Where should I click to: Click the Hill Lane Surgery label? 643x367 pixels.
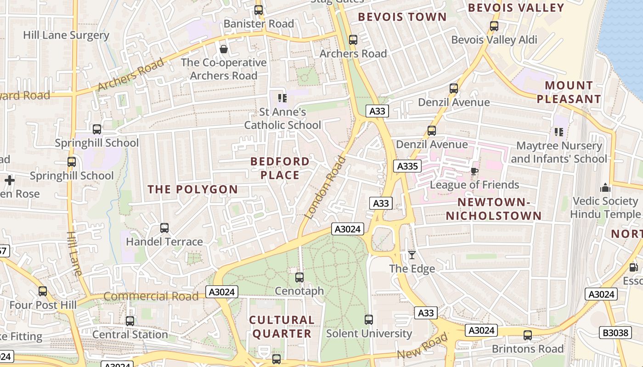click(x=66, y=35)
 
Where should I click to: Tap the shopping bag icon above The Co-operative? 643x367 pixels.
click(x=224, y=49)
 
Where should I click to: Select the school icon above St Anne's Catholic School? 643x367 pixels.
click(x=282, y=98)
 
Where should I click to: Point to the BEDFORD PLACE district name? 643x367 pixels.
click(x=280, y=168)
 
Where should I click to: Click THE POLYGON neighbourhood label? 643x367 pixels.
click(x=193, y=189)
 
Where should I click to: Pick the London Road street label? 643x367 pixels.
click(x=325, y=187)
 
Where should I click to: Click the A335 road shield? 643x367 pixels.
click(x=407, y=166)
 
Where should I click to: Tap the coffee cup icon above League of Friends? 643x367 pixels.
click(x=474, y=171)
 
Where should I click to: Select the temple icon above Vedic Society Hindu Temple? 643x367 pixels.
click(x=605, y=188)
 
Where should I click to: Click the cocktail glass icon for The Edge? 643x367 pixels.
click(x=412, y=255)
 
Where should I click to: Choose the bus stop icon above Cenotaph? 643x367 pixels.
click(x=299, y=278)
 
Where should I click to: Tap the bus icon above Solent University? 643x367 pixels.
click(x=369, y=320)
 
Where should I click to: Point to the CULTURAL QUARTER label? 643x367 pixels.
click(x=282, y=327)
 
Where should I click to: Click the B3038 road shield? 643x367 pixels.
click(x=615, y=333)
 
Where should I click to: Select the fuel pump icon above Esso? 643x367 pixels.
click(x=633, y=267)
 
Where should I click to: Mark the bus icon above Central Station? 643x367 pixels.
click(x=130, y=321)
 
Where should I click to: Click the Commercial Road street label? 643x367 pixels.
click(x=151, y=296)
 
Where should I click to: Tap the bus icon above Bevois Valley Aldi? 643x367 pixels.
click(x=494, y=26)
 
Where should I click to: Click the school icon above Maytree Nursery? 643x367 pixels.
click(x=559, y=132)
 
